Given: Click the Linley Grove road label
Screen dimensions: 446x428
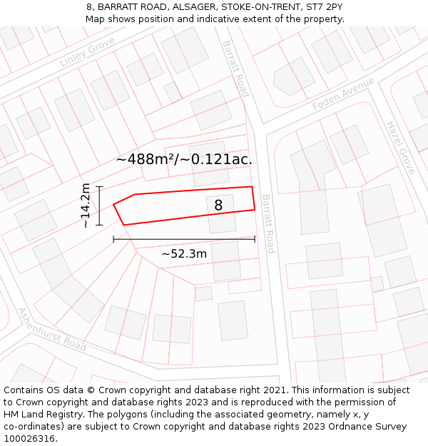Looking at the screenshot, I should (x=87, y=53).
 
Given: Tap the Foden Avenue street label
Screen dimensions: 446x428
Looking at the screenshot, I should (x=343, y=94).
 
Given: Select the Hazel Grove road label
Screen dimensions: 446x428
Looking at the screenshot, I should (x=399, y=147).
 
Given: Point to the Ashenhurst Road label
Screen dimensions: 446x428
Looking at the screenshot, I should (x=51, y=329).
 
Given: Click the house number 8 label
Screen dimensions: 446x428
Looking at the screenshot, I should (x=218, y=206).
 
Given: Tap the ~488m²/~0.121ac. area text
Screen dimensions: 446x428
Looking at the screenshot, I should (x=184, y=159).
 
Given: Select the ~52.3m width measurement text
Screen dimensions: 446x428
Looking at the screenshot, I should (x=184, y=253).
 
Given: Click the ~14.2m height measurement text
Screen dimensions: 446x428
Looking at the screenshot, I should (x=86, y=206).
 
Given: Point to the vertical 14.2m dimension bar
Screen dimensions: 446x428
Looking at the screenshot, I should (x=100, y=206).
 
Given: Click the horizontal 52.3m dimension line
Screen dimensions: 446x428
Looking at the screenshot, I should (x=184, y=240).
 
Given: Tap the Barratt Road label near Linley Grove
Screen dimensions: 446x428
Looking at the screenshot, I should (x=235, y=68).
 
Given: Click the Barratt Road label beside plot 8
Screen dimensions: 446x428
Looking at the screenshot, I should (x=267, y=223).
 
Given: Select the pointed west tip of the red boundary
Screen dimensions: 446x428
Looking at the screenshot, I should (x=114, y=205).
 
